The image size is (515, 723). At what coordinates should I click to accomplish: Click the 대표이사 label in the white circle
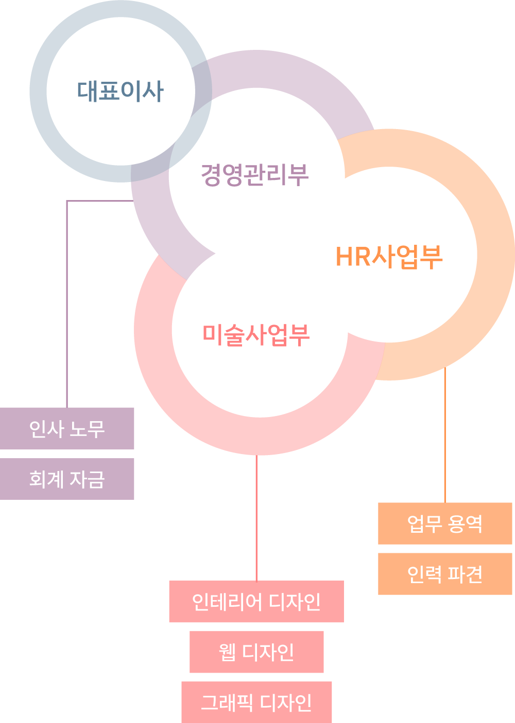121,91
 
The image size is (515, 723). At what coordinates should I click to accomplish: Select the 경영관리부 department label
254,175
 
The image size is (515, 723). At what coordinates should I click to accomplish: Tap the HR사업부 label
389,257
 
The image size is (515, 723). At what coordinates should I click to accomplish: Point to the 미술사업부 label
256,334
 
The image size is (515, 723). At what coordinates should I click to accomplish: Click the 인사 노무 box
67,428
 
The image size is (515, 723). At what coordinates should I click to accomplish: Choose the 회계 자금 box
67,479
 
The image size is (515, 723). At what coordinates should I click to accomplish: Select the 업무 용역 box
445,523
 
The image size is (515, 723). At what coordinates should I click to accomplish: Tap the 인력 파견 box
445,574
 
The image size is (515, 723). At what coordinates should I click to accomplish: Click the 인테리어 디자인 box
256,602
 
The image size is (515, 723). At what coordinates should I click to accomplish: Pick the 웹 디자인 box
256,652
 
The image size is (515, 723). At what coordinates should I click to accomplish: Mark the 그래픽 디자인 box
256,702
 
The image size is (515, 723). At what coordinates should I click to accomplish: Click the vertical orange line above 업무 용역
445,437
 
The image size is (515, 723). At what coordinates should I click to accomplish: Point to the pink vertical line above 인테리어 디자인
256,519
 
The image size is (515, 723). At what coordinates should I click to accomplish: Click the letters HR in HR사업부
353,257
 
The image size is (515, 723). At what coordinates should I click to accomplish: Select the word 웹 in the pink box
227,652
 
